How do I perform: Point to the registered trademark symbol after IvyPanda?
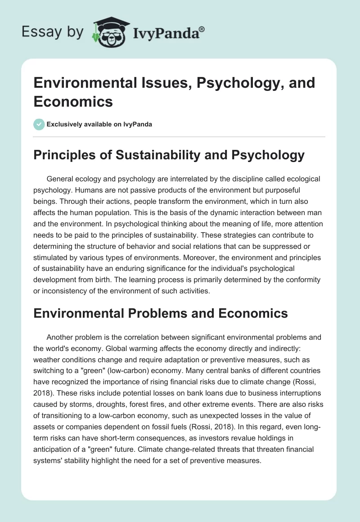point(202,28)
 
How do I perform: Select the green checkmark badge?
point(39,124)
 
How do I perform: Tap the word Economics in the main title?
point(73,101)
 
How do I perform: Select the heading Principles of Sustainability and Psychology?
point(169,155)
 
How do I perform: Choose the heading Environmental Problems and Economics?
point(161,313)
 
